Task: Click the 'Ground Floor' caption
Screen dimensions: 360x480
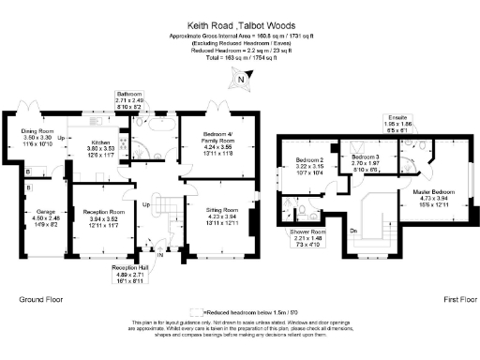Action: [x=42, y=299]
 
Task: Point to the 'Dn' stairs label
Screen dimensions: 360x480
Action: [x=352, y=228]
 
